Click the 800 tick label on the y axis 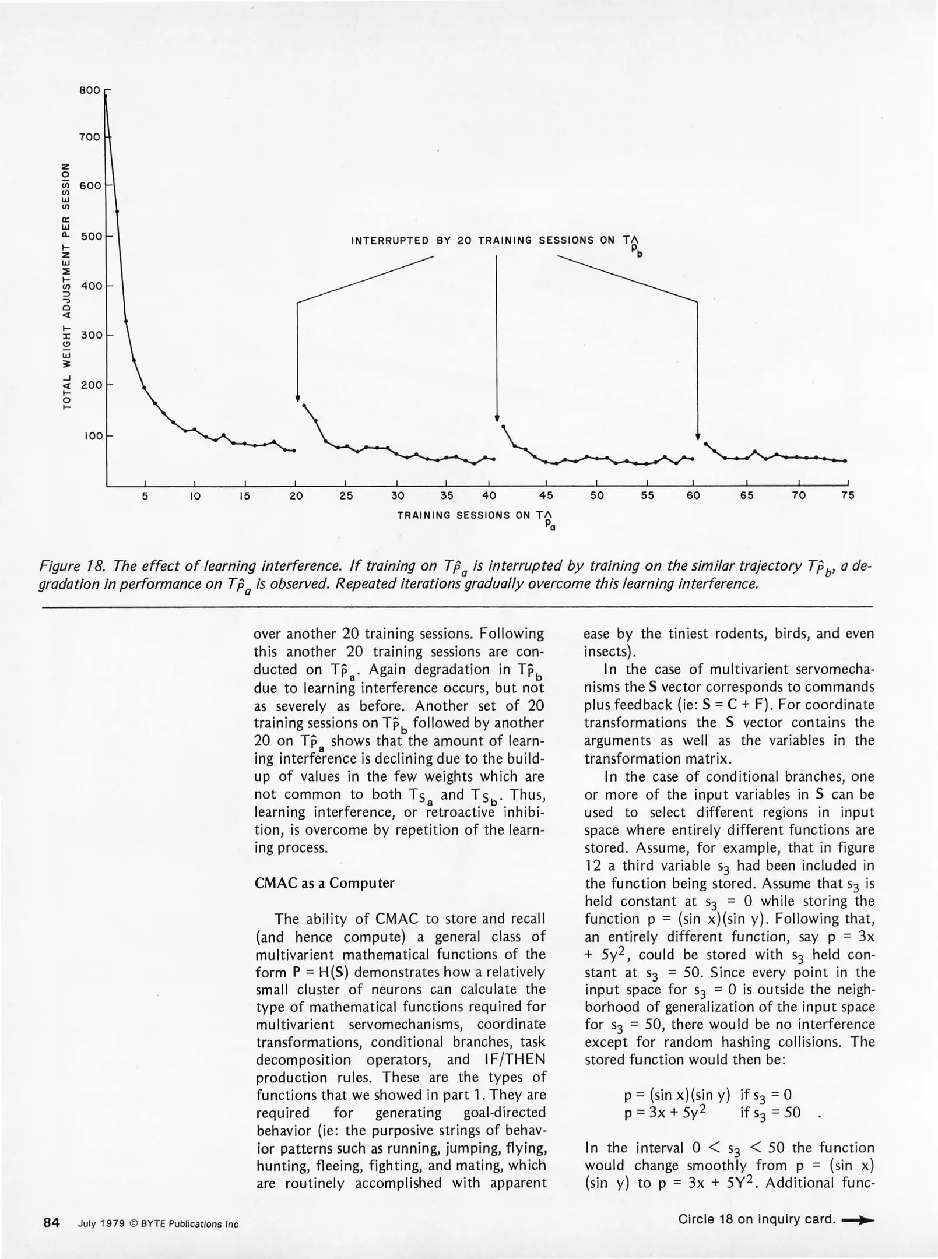90,91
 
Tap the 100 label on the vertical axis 92,435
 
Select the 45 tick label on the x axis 546,495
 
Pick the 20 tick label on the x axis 296,495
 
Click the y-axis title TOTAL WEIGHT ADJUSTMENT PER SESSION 68,286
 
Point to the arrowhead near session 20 297,398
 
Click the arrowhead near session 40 497,417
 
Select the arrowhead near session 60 697,437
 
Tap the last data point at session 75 845,460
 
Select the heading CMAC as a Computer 325,883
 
